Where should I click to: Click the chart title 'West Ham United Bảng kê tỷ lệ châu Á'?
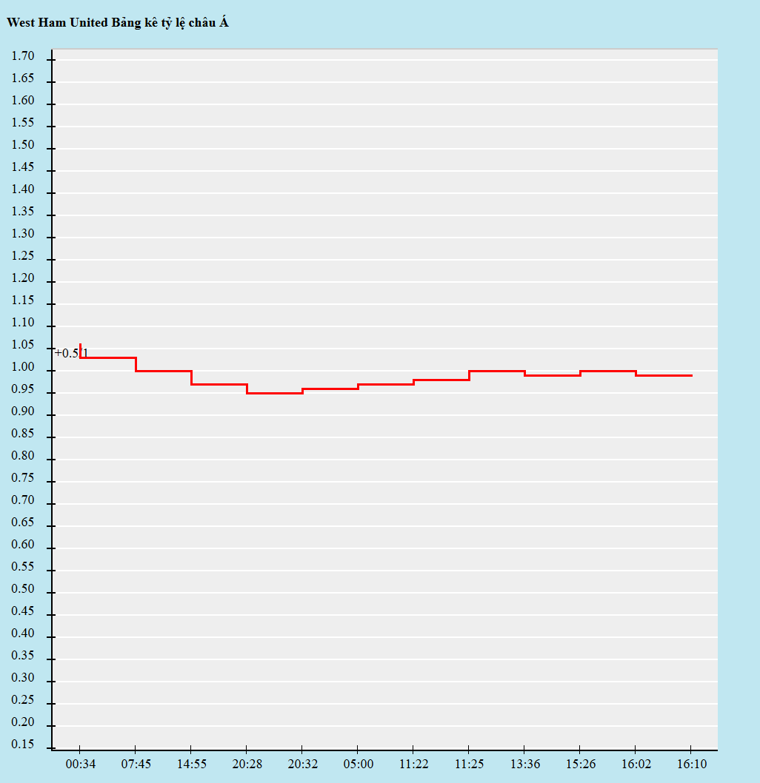pos(118,23)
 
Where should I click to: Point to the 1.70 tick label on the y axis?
pos(23,56)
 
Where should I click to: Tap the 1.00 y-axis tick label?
pos(23,367)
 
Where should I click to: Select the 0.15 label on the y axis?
pos(23,745)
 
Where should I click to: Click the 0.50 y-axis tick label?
pos(23,589)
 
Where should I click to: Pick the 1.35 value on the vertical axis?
pos(23,212)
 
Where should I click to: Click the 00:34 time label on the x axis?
pos(81,764)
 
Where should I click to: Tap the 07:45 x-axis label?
pos(136,764)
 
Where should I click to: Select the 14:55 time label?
pos(192,764)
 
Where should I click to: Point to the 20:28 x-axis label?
pos(247,764)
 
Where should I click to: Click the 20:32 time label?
pos(303,764)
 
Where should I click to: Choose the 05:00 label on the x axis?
pos(359,764)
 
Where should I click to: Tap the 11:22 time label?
pos(414,764)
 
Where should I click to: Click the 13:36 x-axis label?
pos(525,764)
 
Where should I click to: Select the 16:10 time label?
pos(692,764)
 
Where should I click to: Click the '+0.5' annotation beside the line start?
pos(67,353)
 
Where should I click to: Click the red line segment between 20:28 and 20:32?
pos(275,393)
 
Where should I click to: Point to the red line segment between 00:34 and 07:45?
pos(108,357)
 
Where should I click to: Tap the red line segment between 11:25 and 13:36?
pos(497,371)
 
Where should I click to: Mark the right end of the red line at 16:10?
pos(691,375)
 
